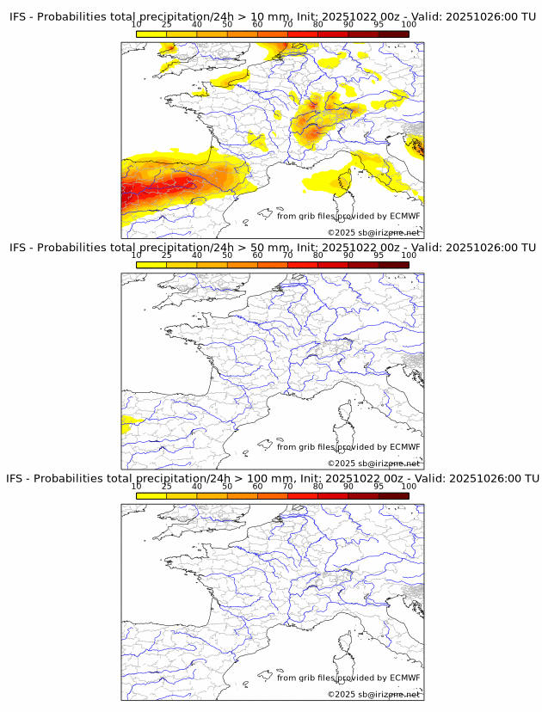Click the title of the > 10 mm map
pyautogui.click(x=273, y=17)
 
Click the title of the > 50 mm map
pyautogui.click(x=273, y=248)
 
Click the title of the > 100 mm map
pyautogui.click(x=273, y=478)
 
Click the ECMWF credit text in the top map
pyautogui.click(x=348, y=216)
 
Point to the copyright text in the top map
pyautogui.click(x=373, y=233)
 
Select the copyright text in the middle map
pyautogui.click(x=373, y=463)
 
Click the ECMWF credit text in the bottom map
pyautogui.click(x=348, y=678)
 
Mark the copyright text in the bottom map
pyautogui.click(x=373, y=694)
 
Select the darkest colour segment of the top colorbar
pyautogui.click(x=393, y=34)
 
